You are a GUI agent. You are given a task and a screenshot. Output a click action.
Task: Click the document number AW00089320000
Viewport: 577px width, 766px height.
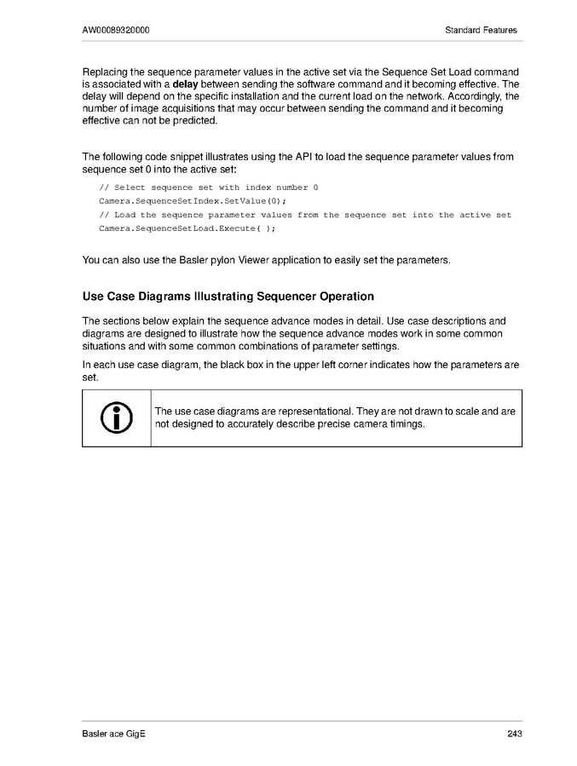(117, 31)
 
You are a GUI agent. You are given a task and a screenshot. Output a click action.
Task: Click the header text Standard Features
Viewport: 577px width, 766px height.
(481, 31)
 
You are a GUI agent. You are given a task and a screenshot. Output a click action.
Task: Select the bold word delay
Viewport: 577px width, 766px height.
(186, 85)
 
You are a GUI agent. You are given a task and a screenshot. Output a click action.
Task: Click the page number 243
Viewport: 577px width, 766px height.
(514, 734)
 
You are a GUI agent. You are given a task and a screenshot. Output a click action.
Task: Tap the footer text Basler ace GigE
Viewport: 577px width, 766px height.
(114, 734)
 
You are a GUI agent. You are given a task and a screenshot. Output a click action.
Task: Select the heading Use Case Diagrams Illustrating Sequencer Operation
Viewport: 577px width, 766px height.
(228, 297)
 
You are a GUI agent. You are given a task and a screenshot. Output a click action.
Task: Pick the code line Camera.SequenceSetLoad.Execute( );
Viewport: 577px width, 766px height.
(188, 229)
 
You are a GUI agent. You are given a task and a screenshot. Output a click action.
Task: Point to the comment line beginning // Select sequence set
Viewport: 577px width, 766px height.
(209, 187)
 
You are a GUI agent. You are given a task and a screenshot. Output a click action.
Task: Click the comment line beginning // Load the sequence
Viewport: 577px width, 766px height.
(305, 216)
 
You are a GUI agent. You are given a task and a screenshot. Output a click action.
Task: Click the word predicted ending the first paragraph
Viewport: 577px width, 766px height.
(194, 121)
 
